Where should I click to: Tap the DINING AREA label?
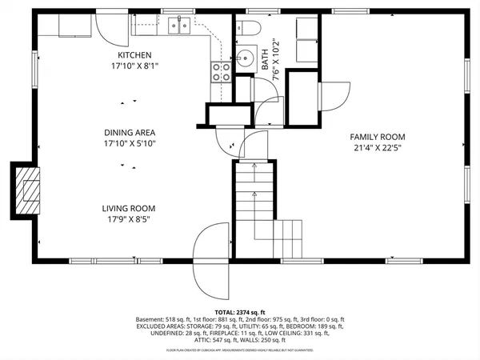tap(129, 133)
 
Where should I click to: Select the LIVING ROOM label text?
tap(129, 208)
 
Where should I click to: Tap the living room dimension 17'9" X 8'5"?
tap(129, 219)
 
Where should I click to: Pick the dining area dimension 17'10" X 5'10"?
tap(129, 144)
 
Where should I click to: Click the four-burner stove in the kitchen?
tap(221, 74)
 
